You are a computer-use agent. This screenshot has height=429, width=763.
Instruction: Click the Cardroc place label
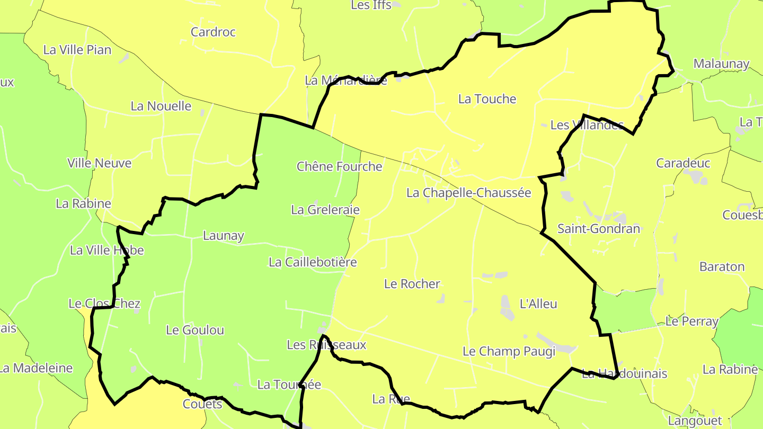pos(213,32)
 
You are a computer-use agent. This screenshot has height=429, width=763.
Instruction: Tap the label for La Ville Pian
pos(77,50)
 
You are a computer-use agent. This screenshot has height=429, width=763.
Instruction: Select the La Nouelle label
pos(161,106)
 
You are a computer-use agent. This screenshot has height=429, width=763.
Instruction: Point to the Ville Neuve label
pos(100,163)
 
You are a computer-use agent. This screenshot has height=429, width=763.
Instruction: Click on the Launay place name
pos(224,236)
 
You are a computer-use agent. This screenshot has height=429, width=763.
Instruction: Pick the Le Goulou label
pos(195,330)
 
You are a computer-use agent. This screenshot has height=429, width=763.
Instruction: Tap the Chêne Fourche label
pos(339,167)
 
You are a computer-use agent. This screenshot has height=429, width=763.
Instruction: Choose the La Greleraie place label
pos(325,210)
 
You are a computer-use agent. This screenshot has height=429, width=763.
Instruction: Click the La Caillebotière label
pos(313,262)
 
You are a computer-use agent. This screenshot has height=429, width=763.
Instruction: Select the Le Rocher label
pos(412,284)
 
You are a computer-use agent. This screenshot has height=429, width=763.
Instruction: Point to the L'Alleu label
pos(538,304)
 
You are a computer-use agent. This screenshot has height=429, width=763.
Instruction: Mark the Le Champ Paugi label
pos(509,351)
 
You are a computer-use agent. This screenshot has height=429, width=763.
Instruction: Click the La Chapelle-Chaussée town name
pos(468,193)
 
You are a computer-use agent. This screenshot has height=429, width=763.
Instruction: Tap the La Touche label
pos(487,99)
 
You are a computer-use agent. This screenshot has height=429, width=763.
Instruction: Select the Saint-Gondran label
pos(599,229)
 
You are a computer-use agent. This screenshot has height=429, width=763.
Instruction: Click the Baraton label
pos(722,267)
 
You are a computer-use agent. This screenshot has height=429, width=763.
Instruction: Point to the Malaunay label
pos(721,64)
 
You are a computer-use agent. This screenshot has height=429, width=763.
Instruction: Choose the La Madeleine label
pos(36,368)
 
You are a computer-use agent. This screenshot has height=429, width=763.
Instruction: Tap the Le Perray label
pos(692,321)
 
